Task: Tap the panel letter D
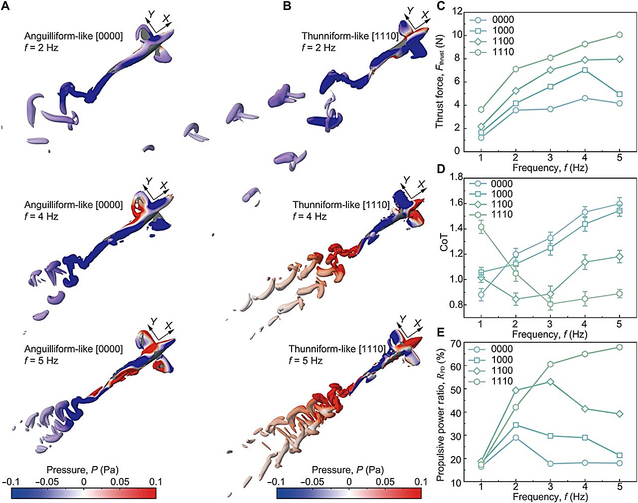tap(440, 168)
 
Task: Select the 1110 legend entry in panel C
tap(502, 52)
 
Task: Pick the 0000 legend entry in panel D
tap(502, 184)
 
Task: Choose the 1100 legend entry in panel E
tap(502, 370)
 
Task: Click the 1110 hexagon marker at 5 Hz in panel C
tap(619, 35)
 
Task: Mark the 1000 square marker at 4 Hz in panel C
tap(585, 70)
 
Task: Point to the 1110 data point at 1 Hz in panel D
tap(481, 227)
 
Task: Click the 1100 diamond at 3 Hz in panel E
tap(550, 382)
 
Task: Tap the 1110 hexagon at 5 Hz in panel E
tap(619, 347)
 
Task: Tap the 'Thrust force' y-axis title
tap(439, 81)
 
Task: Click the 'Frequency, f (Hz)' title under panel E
tap(550, 497)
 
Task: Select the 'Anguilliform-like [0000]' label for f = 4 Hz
tap(73, 205)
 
